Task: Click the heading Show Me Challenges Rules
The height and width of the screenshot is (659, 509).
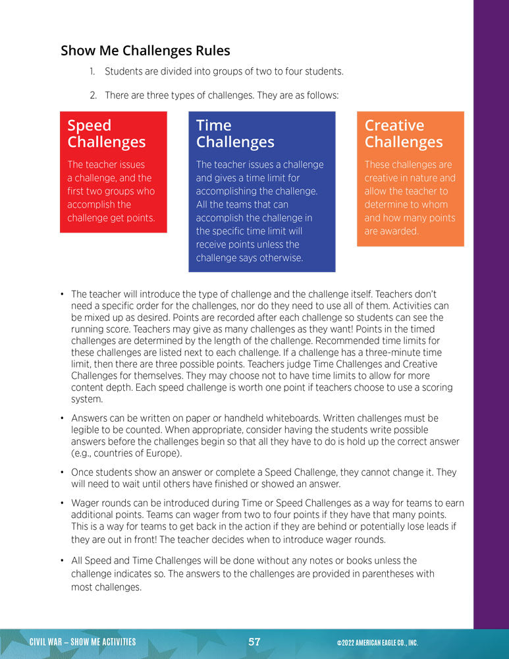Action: click(x=146, y=51)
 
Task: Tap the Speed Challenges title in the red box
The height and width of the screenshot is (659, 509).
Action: click(x=106, y=134)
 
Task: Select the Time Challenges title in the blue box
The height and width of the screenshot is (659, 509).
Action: click(x=235, y=134)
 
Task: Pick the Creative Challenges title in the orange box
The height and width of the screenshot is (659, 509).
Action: click(x=404, y=134)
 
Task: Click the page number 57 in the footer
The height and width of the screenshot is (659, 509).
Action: click(x=255, y=642)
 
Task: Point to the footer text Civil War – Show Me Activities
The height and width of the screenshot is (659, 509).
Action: click(x=83, y=642)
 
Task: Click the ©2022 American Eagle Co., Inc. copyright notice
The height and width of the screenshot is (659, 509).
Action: click(x=377, y=643)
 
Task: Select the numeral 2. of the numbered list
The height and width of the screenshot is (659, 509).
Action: click(x=94, y=96)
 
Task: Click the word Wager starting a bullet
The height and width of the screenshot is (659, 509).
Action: click(x=85, y=503)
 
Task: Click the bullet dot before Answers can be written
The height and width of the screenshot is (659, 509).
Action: click(x=61, y=418)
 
